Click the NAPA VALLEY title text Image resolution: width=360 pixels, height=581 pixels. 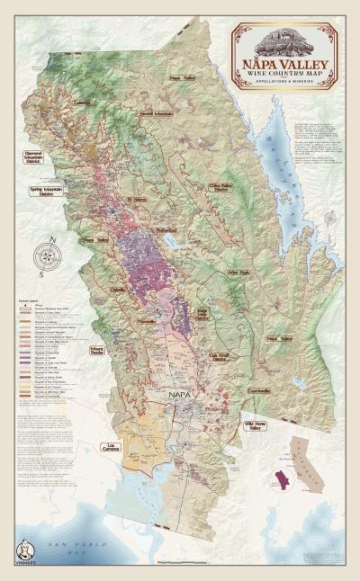(285, 65)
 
